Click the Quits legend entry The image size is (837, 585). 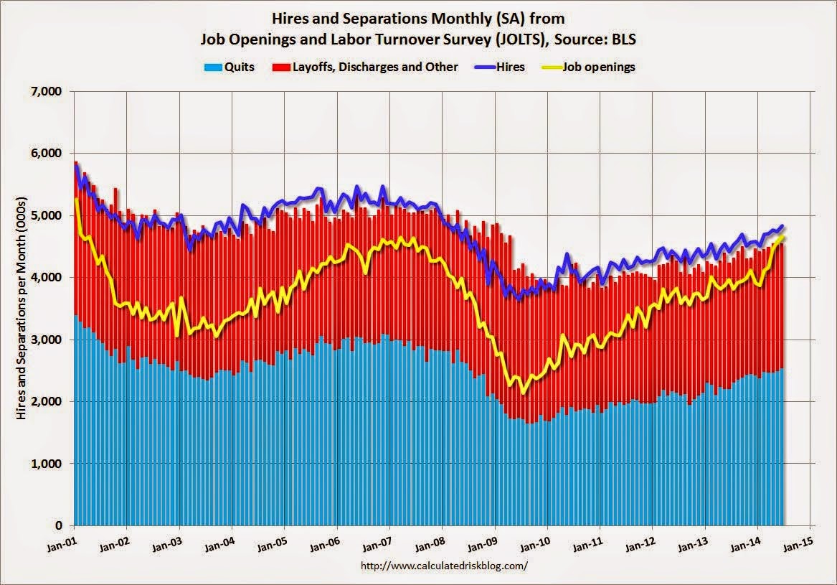tap(230, 67)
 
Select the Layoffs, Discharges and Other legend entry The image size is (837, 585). tap(373, 67)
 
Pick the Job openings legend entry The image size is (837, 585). tap(600, 67)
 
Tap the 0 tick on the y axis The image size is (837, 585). tap(57, 525)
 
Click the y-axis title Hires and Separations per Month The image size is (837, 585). tap(22, 309)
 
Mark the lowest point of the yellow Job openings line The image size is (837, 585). tap(524, 393)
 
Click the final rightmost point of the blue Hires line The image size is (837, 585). tap(782, 225)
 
